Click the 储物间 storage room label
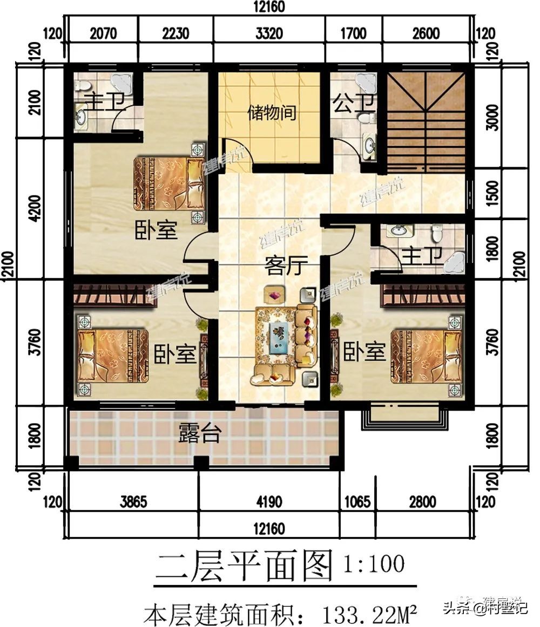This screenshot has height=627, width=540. click(x=272, y=114)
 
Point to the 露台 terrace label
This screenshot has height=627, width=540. click(x=199, y=433)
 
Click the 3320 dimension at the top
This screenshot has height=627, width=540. click(x=269, y=34)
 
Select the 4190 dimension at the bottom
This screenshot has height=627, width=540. click(x=269, y=502)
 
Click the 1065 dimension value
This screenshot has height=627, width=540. click(x=356, y=502)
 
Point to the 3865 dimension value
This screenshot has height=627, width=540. click(x=133, y=502)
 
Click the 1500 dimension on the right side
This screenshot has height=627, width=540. click(x=492, y=193)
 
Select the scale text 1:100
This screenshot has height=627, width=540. click(x=374, y=565)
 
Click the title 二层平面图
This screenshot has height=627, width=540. click(x=244, y=567)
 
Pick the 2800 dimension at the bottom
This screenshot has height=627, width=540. click(x=422, y=502)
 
